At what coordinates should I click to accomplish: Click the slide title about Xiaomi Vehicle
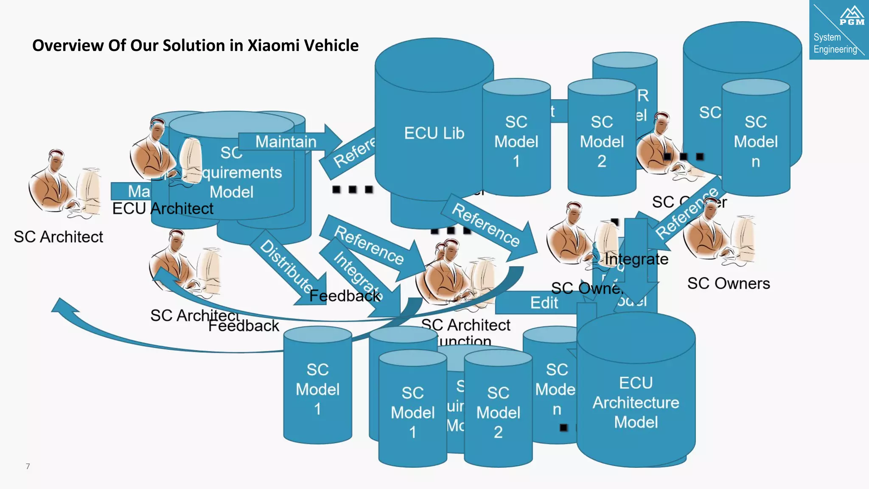pyautogui.click(x=195, y=45)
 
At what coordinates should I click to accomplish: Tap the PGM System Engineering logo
pyautogui.click(x=838, y=30)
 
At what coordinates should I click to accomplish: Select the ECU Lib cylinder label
pyautogui.click(x=434, y=133)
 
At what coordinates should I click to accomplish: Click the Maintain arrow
pyautogui.click(x=286, y=141)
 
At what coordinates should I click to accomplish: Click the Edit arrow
pyautogui.click(x=544, y=303)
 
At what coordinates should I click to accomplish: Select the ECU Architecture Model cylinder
pyautogui.click(x=636, y=402)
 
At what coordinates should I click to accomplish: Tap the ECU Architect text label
pyautogui.click(x=163, y=209)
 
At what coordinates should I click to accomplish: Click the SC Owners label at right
pyautogui.click(x=728, y=284)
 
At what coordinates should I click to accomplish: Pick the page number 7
pyautogui.click(x=28, y=466)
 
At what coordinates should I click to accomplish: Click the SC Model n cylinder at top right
pyautogui.click(x=755, y=141)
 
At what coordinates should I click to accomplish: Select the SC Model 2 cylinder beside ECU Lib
pyautogui.click(x=601, y=141)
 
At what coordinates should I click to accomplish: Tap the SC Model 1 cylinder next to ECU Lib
pyautogui.click(x=516, y=141)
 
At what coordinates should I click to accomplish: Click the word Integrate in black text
pyautogui.click(x=636, y=259)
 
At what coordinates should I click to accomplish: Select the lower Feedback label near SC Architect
pyautogui.click(x=244, y=326)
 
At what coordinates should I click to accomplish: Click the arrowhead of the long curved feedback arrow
pyautogui.click(x=64, y=306)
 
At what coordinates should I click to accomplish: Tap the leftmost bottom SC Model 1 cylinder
pyautogui.click(x=317, y=389)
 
